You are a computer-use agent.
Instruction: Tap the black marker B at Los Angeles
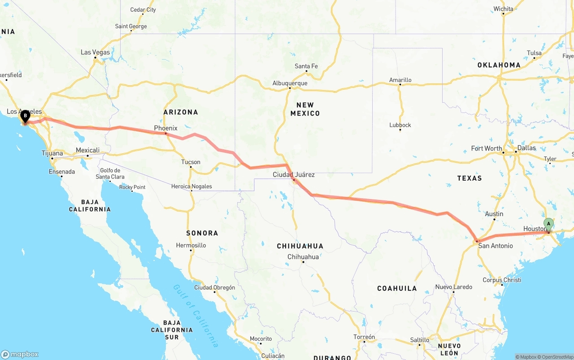[26, 116]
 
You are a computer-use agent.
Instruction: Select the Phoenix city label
[166, 128]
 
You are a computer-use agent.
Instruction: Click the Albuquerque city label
[290, 83]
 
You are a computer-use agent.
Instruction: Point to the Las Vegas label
[95, 52]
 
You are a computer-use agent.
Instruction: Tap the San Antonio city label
[495, 246]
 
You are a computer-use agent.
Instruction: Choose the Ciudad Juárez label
[294, 174]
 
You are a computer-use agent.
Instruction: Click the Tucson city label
[191, 162]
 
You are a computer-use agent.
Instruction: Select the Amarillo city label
[400, 80]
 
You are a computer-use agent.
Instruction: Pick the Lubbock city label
[400, 125]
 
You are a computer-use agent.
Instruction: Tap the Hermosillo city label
[191, 245]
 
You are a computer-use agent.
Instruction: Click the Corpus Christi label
[502, 280]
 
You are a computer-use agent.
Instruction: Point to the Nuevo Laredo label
[453, 287]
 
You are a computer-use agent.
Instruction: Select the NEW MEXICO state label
[305, 109]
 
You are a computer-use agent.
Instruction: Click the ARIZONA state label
[181, 112]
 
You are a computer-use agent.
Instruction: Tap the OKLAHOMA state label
[499, 65]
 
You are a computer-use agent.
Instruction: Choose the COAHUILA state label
[397, 288]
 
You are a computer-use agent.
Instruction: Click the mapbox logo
[20, 354]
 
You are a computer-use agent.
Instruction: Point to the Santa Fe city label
[306, 66]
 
